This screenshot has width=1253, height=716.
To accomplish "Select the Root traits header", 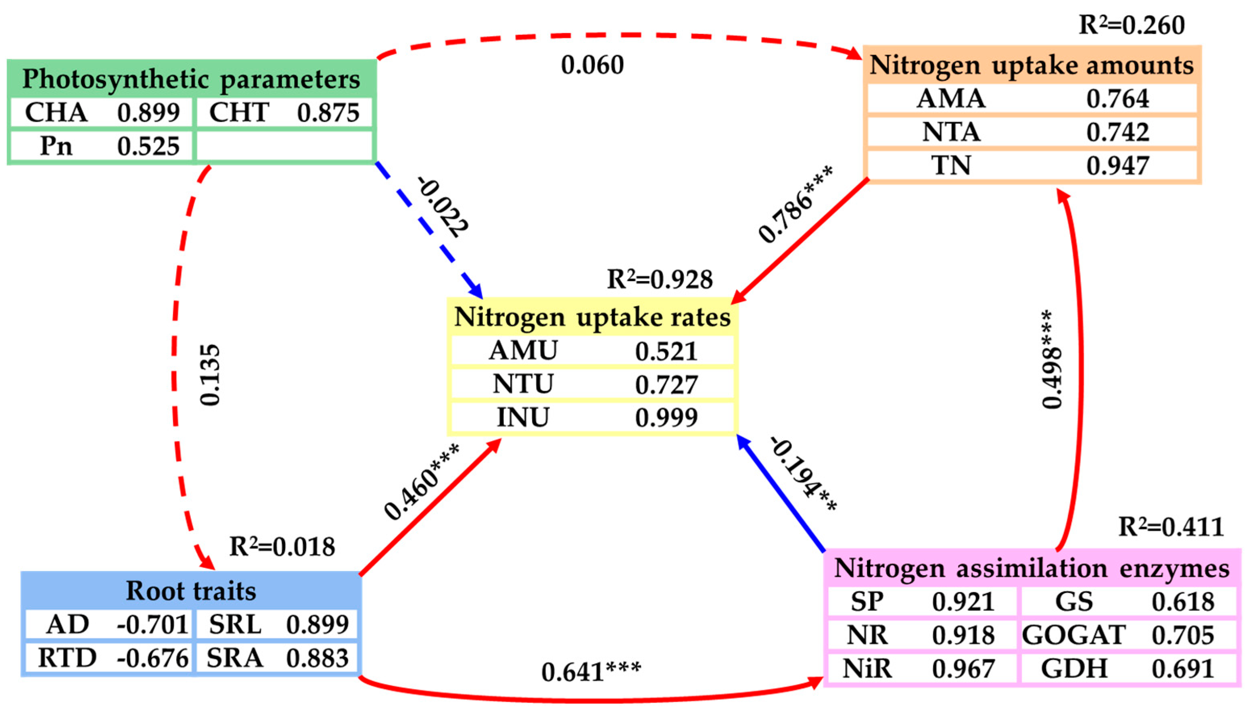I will (x=191, y=590).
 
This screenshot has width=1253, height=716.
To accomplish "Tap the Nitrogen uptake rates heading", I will (x=592, y=317).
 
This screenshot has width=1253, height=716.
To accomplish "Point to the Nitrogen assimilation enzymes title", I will (x=1032, y=568).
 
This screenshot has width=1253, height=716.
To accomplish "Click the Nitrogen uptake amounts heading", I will (x=1032, y=65).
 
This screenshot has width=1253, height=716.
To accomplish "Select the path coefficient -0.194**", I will (x=804, y=474).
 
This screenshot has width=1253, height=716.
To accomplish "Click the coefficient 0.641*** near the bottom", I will (x=591, y=672).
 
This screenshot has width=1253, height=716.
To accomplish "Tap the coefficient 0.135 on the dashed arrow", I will (x=211, y=375).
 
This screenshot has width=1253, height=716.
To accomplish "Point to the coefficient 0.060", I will (x=592, y=65).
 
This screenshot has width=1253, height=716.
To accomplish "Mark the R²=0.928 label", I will (x=660, y=279).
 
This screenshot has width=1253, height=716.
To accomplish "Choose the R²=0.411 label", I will (x=1170, y=527).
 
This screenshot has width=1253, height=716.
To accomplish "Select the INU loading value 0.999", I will (x=666, y=417).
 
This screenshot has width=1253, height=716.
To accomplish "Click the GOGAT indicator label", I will (x=1073, y=635).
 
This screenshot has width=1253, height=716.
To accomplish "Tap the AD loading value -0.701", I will (x=152, y=624).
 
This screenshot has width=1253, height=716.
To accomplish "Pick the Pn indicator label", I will (x=56, y=146).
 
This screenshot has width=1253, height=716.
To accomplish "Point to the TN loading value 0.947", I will (x=1117, y=166).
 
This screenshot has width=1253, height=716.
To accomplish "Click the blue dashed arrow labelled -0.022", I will (x=428, y=229).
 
